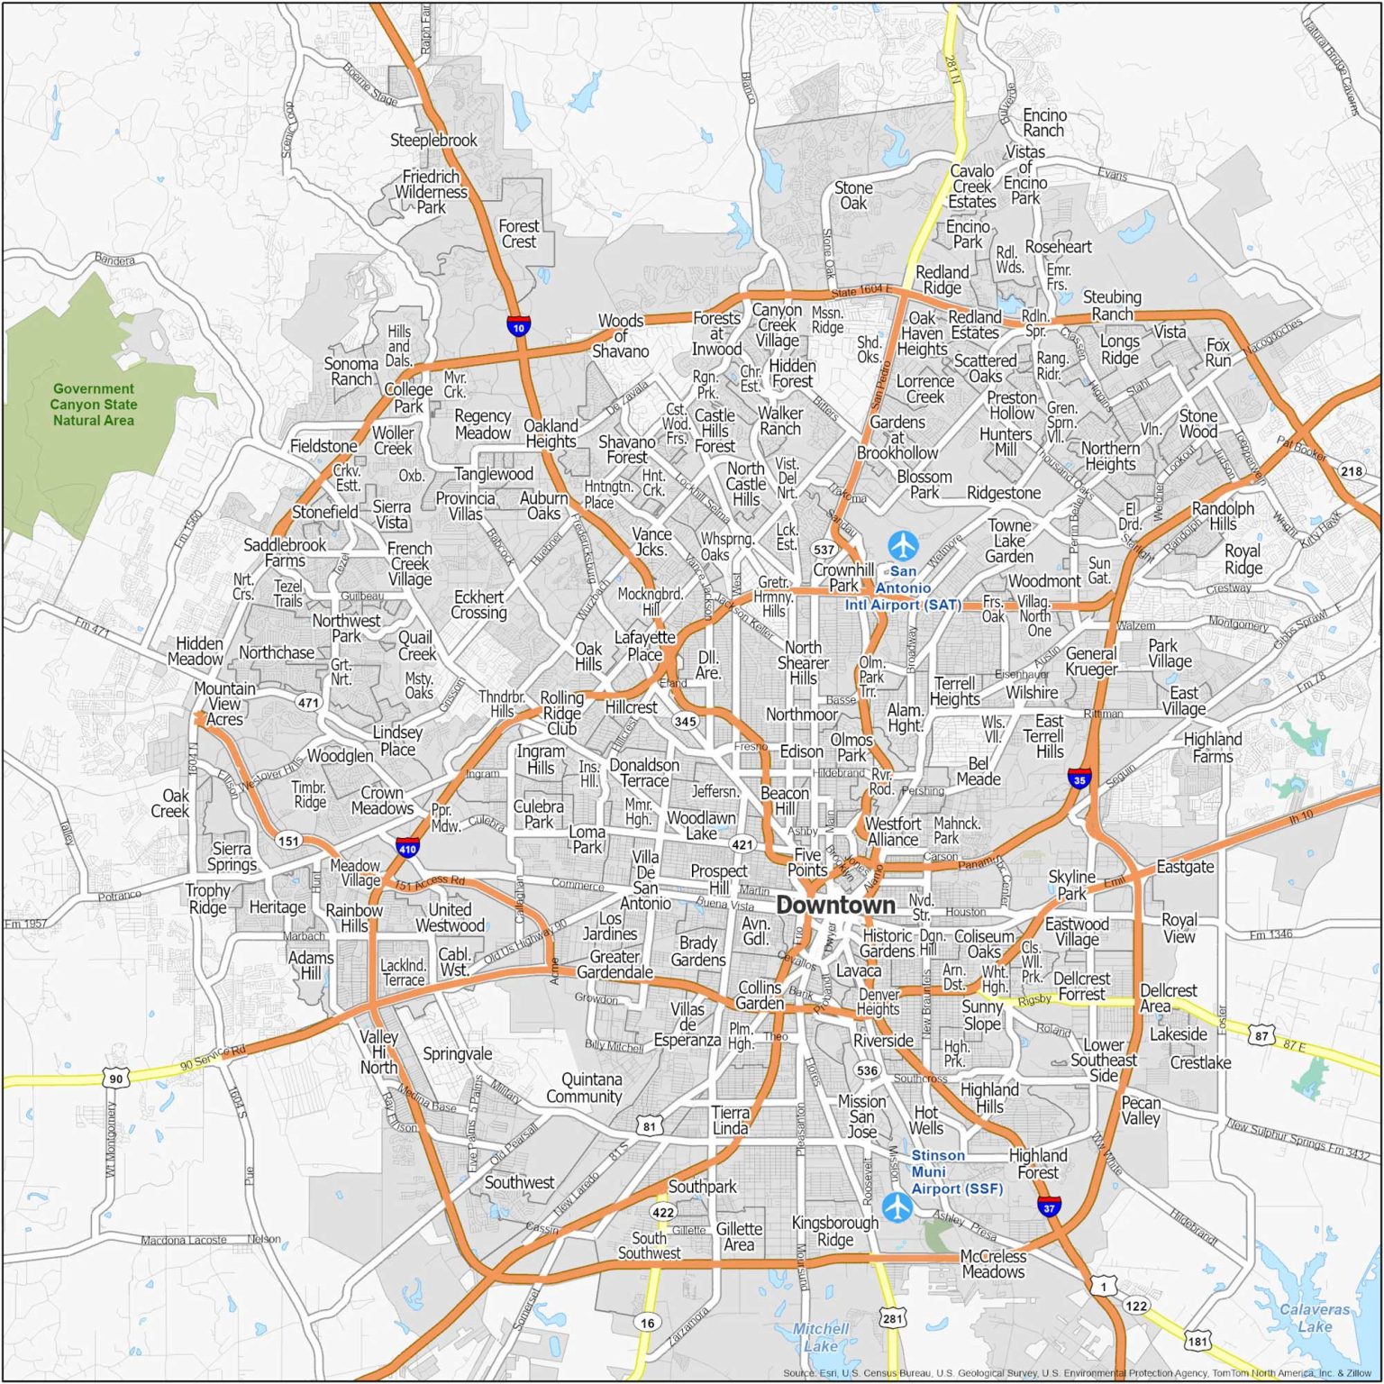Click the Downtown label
pyautogui.click(x=835, y=905)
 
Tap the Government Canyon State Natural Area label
pyautogui.click(x=93, y=405)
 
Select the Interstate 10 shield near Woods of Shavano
pyautogui.click(x=518, y=325)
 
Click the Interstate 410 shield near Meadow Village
pyautogui.click(x=407, y=847)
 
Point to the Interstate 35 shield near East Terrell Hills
pyautogui.click(x=1079, y=778)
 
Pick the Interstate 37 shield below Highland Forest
pyautogui.click(x=1049, y=1206)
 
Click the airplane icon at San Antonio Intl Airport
pyautogui.click(x=903, y=545)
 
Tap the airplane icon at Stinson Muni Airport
pyautogui.click(x=897, y=1206)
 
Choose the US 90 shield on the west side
pyautogui.click(x=115, y=1078)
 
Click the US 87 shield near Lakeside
pyautogui.click(x=1261, y=1035)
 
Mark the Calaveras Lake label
pyautogui.click(x=1315, y=1317)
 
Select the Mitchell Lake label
pyautogui.click(x=820, y=1336)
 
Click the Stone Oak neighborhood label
pyautogui.click(x=853, y=196)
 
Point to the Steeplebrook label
pyautogui.click(x=433, y=141)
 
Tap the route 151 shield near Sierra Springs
pyautogui.click(x=288, y=841)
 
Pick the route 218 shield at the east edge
pyautogui.click(x=1352, y=470)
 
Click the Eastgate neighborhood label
pyautogui.click(x=1185, y=867)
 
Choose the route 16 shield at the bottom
pyautogui.click(x=647, y=1322)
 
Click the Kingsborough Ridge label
pyautogui.click(x=834, y=1231)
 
